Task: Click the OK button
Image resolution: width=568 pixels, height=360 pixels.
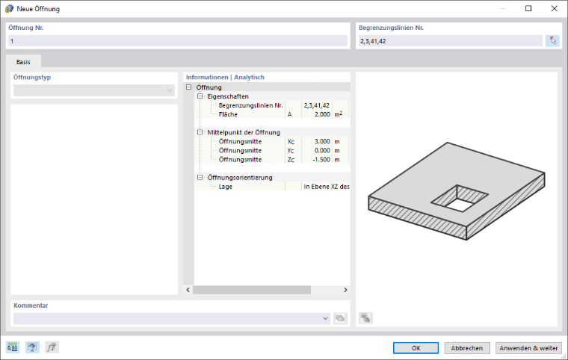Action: point(416,348)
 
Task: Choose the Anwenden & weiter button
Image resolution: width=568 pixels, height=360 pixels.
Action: point(528,348)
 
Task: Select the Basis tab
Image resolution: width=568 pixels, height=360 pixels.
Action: point(23,62)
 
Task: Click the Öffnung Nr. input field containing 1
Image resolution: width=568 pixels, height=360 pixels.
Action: point(178,41)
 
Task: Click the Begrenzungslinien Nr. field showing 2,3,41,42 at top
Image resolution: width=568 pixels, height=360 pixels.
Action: point(451,41)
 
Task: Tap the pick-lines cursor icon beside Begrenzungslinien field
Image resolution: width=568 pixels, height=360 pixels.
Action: point(552,40)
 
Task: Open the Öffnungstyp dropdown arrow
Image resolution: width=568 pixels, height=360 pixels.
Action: point(170,90)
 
